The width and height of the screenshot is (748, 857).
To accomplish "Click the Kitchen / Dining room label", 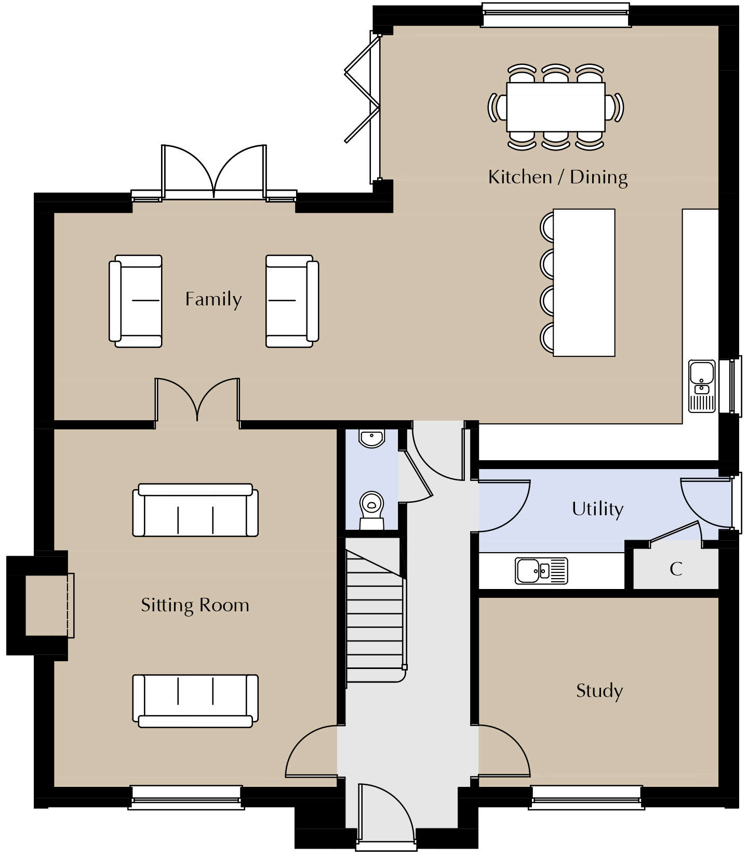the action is (x=558, y=178).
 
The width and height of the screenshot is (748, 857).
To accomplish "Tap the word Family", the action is (x=213, y=300).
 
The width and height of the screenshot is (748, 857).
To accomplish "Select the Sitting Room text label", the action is (x=195, y=606).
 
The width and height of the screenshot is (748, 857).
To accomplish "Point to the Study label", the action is (x=599, y=691).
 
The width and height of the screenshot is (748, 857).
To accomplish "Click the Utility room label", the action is (x=597, y=509).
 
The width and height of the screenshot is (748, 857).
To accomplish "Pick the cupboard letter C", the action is (x=676, y=569).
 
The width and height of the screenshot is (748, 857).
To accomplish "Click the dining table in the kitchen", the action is (x=556, y=107).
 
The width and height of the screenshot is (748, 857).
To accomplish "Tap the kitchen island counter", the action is (x=584, y=283).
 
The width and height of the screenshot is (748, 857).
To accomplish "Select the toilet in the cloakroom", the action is (x=371, y=510).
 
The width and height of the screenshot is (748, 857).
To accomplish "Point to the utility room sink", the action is (x=541, y=571).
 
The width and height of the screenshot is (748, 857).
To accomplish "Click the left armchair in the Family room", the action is (x=136, y=301).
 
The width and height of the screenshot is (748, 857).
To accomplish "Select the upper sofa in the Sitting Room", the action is (x=195, y=510).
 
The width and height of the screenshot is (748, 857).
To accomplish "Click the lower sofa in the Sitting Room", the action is (x=195, y=701).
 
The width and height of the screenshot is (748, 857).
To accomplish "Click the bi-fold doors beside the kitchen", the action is (x=363, y=107).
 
